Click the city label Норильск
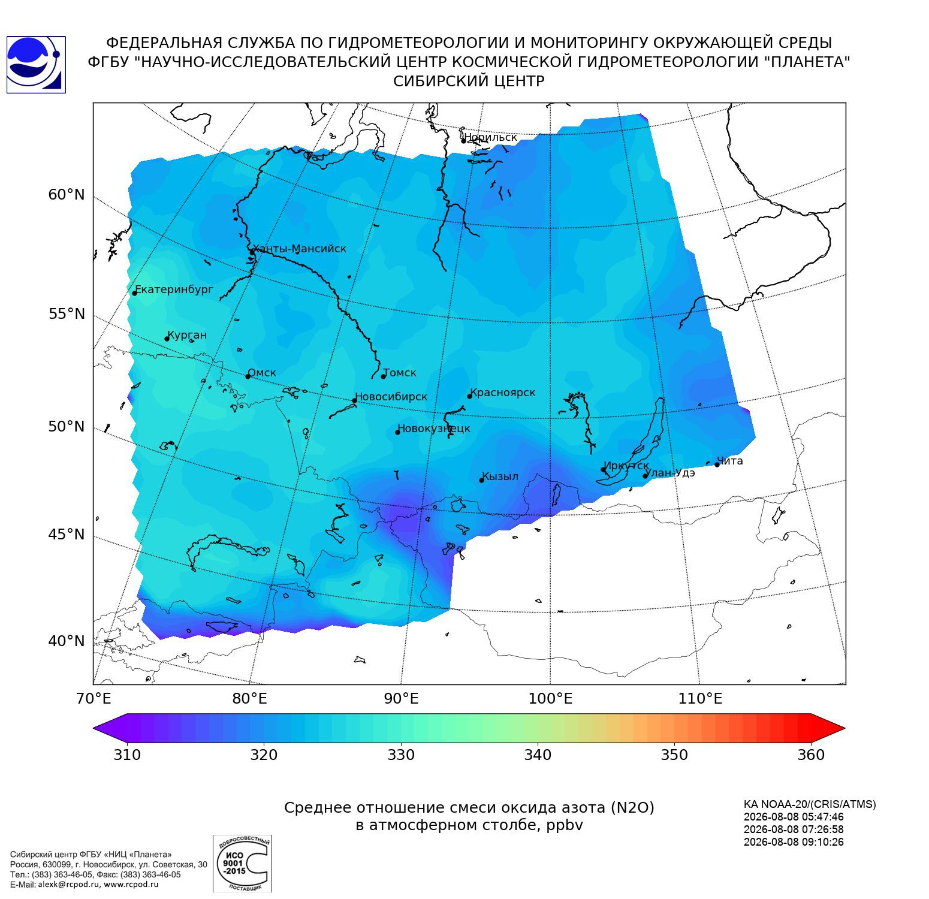coord(490,137)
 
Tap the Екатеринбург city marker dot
coord(135,293)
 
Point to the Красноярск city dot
coord(470,396)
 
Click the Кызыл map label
coord(500,477)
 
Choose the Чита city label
coord(730,461)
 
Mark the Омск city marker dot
coord(248,376)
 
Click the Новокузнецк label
coord(434,429)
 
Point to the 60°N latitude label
coord(67,195)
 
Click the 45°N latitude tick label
coord(67,534)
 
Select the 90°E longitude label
coord(401,698)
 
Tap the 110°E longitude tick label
coord(700,698)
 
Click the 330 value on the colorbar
coord(401,755)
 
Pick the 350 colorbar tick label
coord(674,755)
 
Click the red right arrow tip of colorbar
coord(844,728)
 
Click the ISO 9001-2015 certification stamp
coord(242,864)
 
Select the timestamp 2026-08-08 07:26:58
coord(794,829)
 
